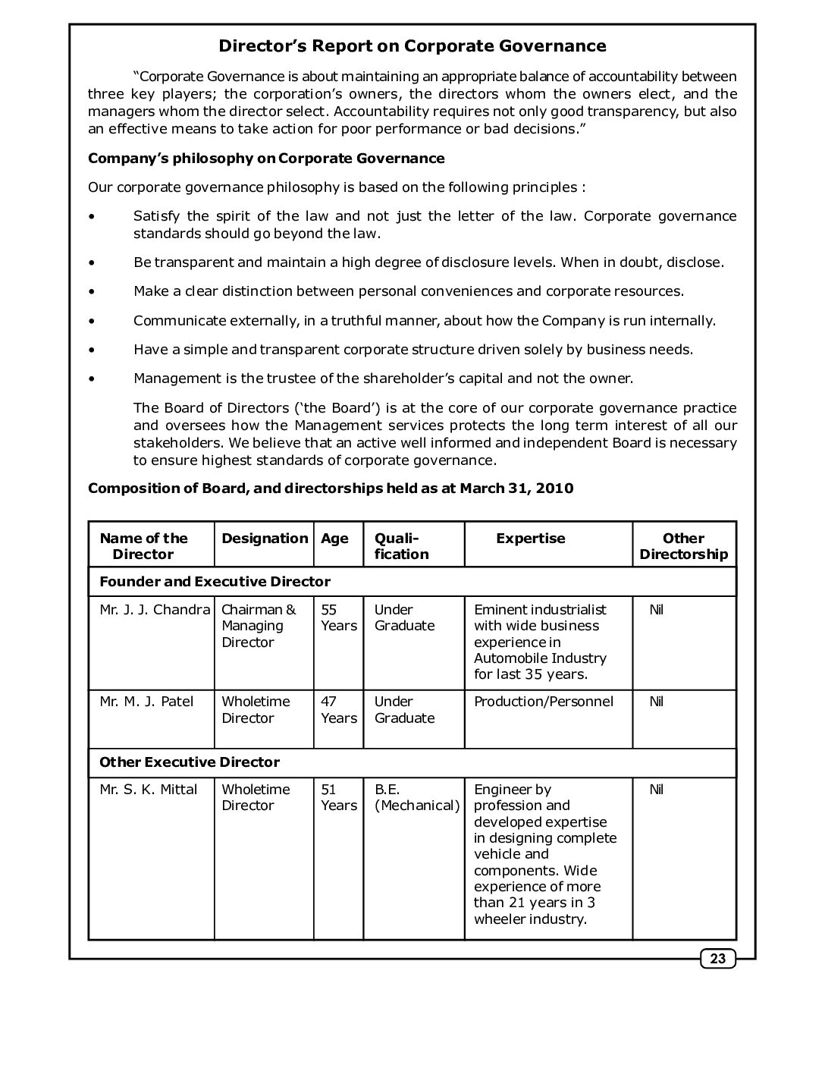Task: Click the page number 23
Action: coord(717,960)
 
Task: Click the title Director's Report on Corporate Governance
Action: coord(412,46)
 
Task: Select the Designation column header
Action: coord(265,539)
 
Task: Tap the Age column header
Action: coord(334,539)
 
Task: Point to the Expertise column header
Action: coord(531,539)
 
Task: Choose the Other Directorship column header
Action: coord(683,546)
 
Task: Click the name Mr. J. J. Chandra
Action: coord(155,610)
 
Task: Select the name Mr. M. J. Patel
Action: coord(146,702)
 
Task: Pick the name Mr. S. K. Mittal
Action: coord(148,790)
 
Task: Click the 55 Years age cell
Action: coord(338,617)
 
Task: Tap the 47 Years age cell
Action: coord(338,710)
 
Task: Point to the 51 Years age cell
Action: coord(338,797)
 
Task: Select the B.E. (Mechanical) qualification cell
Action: coord(416,797)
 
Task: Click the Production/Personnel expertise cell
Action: coord(544,702)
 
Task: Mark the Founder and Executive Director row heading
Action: coord(215,582)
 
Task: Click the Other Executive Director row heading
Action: coord(190,762)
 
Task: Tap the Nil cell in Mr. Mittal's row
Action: coord(657,790)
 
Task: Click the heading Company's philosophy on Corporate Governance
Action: coord(266,159)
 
